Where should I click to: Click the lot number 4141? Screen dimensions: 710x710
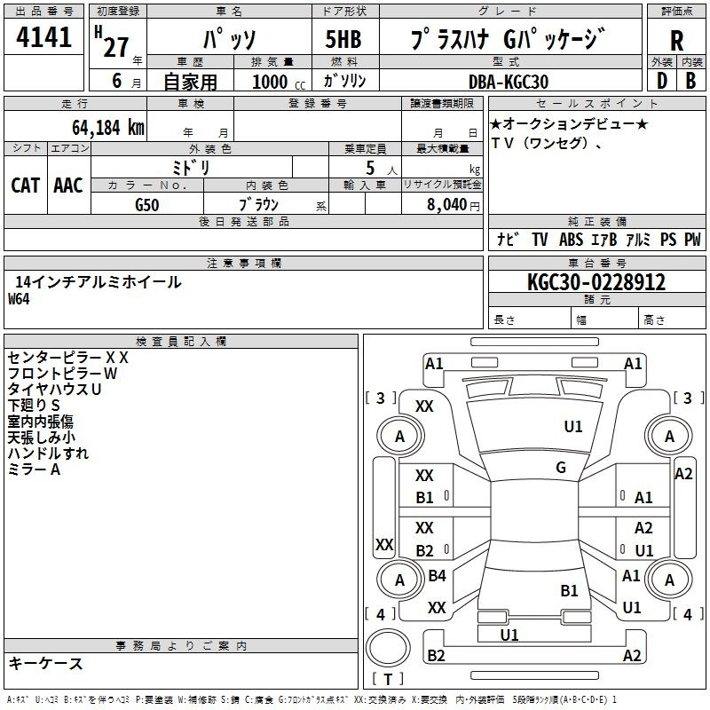point(43,36)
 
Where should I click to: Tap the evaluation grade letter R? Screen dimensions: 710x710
point(676,41)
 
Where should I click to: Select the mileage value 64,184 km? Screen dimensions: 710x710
point(108,128)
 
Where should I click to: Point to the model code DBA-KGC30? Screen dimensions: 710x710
point(508,82)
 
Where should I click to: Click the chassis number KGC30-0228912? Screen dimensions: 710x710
point(596,282)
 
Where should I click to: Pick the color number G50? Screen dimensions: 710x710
point(147,205)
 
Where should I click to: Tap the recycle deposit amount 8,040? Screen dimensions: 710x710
point(446,205)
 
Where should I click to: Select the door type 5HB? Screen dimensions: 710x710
point(343,39)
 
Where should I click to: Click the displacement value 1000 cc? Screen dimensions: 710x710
point(279,82)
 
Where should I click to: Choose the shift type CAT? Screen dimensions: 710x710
point(26,185)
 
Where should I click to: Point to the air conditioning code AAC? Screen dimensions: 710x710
point(68,185)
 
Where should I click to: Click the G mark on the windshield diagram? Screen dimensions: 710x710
point(561,468)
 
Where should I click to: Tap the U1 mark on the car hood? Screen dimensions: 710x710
point(572,427)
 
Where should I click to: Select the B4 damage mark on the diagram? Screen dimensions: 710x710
point(437,575)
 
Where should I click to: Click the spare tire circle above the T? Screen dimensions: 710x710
point(388,647)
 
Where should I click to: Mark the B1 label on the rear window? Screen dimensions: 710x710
point(569,591)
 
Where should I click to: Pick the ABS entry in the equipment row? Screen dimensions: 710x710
point(571,240)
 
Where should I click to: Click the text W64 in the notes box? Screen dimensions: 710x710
point(19,299)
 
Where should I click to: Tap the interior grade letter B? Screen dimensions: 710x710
point(690,81)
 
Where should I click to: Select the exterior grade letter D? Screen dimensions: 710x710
point(662,81)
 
